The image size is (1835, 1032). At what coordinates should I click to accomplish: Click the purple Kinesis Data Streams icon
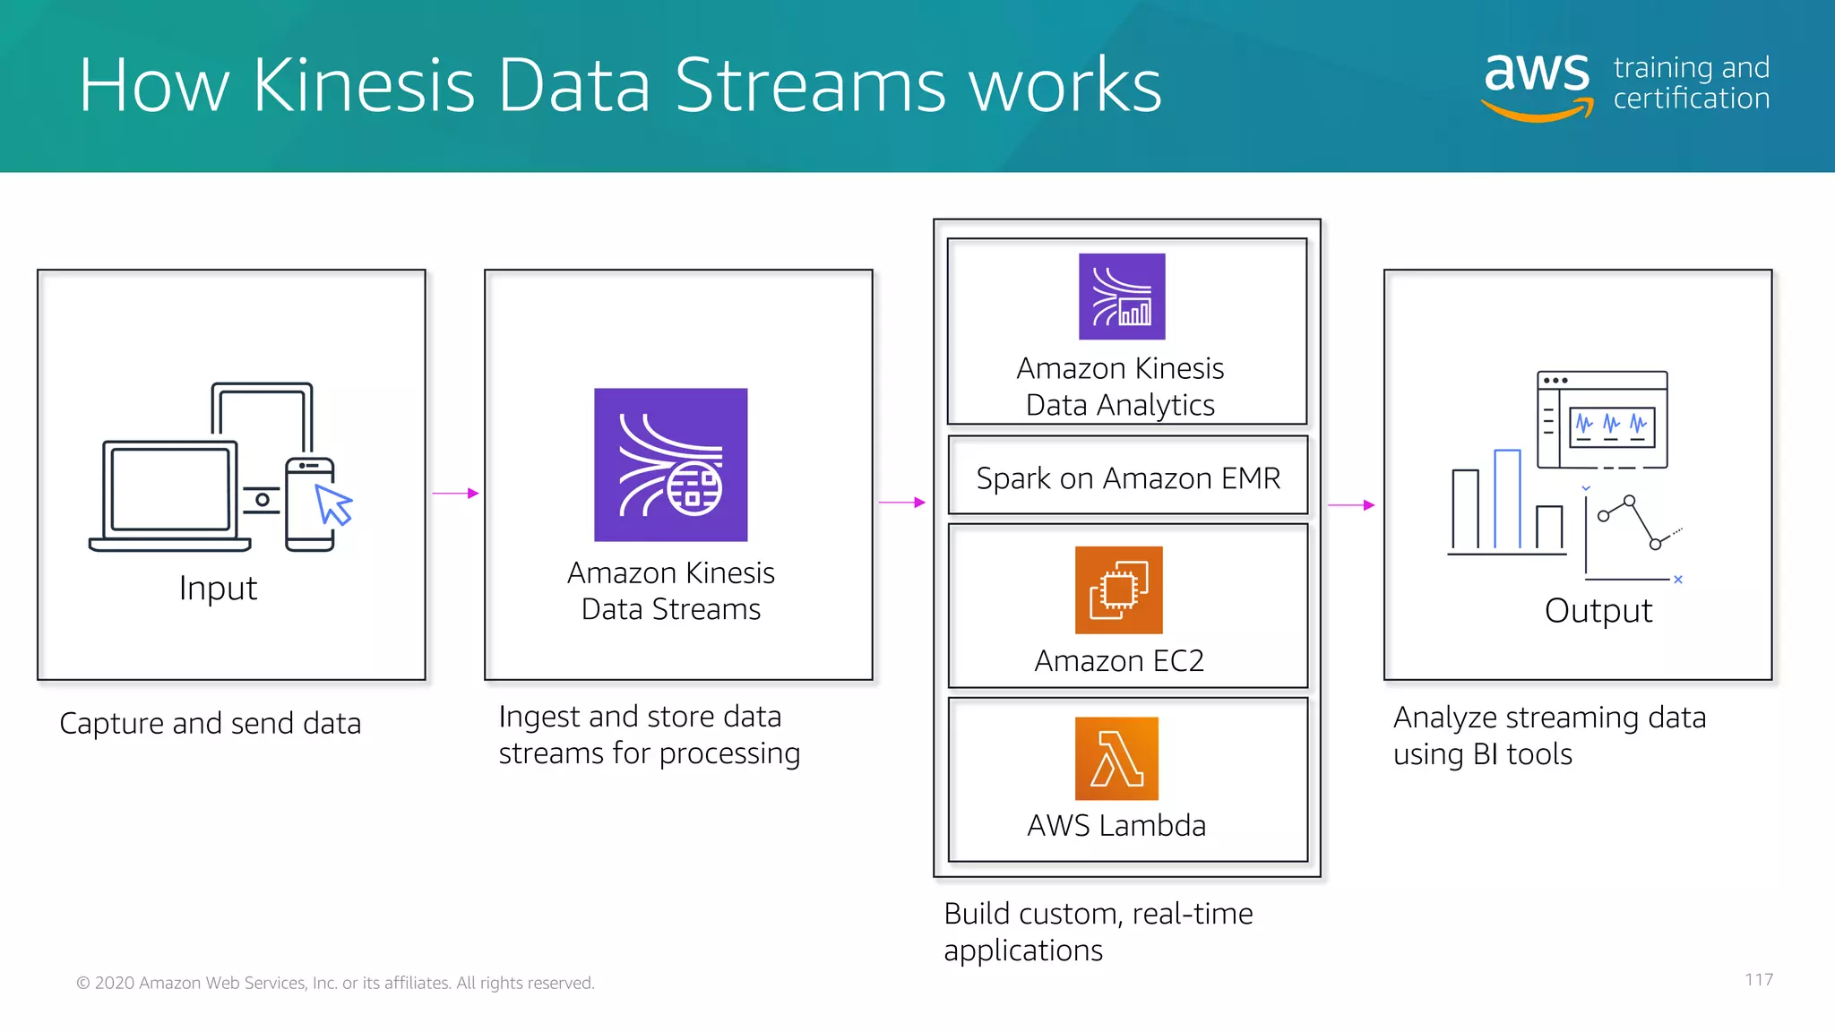[x=670, y=464]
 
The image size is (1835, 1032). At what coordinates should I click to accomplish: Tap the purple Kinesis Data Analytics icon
[x=1122, y=297]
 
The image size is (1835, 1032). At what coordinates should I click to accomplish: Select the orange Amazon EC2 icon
[x=1118, y=589]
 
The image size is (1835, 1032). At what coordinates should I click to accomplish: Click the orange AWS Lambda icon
[x=1116, y=758]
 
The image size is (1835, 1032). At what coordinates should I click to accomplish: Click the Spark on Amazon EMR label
[x=1128, y=478]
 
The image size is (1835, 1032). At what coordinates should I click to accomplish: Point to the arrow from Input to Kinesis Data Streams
[x=455, y=493]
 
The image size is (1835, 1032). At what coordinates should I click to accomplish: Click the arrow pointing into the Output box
[x=1350, y=505]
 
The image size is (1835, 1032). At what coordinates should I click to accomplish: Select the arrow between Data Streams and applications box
[x=901, y=503]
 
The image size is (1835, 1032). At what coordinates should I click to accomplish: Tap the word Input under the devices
[x=218, y=589]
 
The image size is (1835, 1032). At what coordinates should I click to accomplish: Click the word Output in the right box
[x=1598, y=611]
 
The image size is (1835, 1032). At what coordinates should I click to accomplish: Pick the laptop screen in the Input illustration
[x=169, y=489]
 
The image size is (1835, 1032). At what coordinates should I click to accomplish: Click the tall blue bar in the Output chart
[x=1507, y=499]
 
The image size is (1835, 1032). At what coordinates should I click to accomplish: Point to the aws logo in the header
[x=1538, y=83]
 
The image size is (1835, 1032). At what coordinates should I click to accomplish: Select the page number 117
[x=1758, y=980]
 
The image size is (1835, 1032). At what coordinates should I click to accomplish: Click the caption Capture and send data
[x=210, y=724]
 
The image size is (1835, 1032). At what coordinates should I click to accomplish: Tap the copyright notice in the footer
[x=335, y=983]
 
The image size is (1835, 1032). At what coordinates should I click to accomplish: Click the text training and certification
[x=1691, y=83]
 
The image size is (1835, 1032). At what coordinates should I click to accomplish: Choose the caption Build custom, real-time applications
[x=1098, y=932]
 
